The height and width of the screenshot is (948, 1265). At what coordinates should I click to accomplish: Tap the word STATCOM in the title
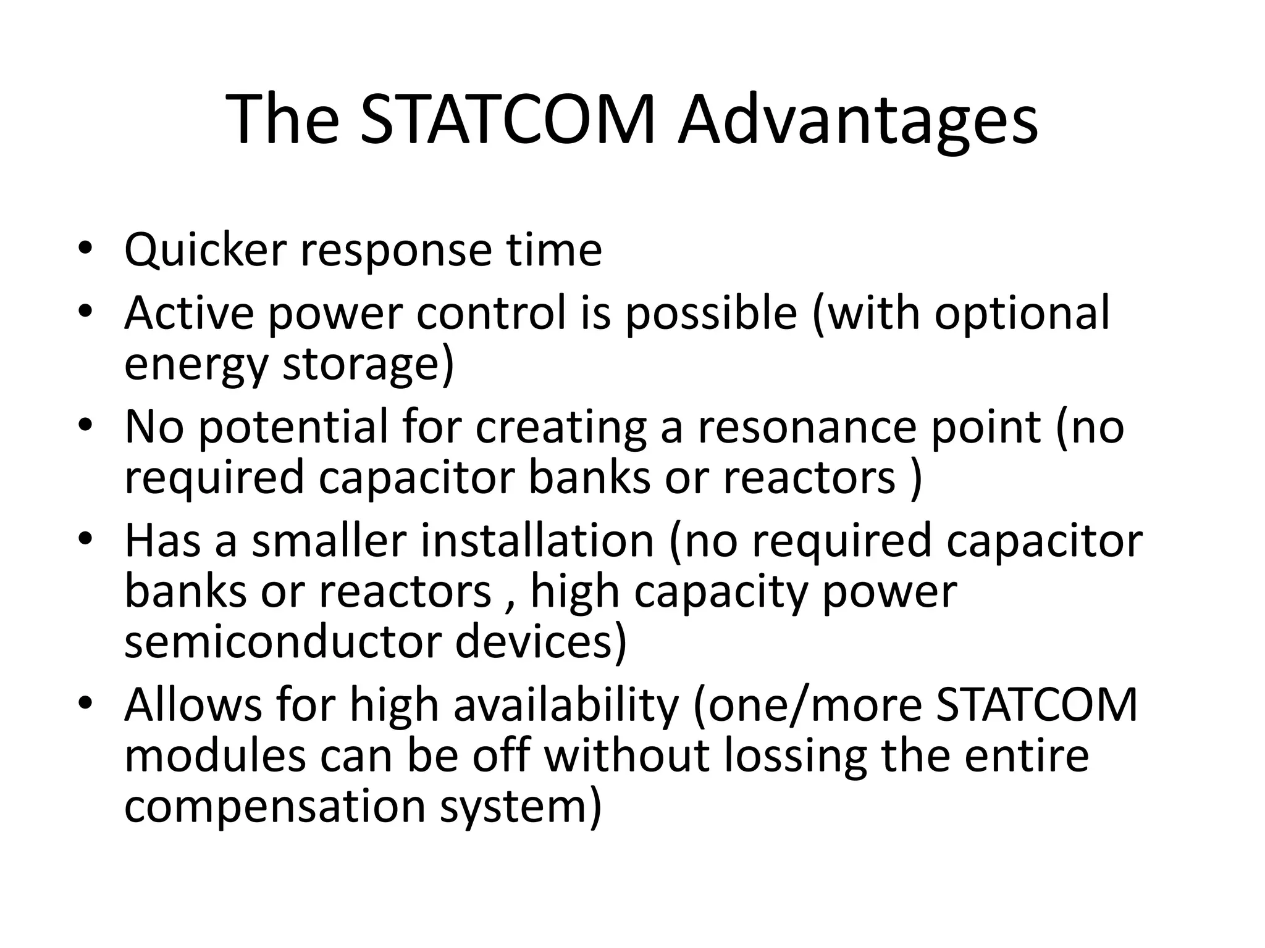point(507,120)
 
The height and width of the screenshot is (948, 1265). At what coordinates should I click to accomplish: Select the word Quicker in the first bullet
point(206,250)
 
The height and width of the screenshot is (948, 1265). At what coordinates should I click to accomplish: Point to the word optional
point(1022,313)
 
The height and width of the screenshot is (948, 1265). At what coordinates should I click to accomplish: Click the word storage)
point(368,364)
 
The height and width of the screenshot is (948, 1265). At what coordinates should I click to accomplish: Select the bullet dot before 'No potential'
point(85,424)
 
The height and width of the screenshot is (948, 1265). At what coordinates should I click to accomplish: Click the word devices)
point(541,642)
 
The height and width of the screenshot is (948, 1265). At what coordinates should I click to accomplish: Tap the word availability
point(566,705)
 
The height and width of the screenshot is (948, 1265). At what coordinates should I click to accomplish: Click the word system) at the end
point(520,808)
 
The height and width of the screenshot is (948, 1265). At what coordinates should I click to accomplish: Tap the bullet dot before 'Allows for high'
point(85,703)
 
